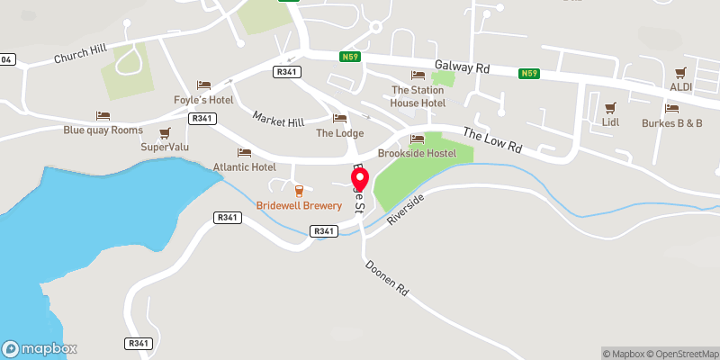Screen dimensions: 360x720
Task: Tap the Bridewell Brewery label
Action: pyautogui.click(x=299, y=206)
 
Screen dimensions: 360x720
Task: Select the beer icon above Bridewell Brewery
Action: pyautogui.click(x=299, y=190)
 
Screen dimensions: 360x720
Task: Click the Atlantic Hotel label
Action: pyautogui.click(x=244, y=166)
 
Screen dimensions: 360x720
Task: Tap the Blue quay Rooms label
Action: pyautogui.click(x=103, y=130)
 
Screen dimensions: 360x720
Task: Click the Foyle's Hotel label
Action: pyautogui.click(x=203, y=100)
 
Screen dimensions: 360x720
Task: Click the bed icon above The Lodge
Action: pyautogui.click(x=339, y=118)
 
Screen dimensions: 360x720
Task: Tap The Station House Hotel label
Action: pyautogui.click(x=418, y=97)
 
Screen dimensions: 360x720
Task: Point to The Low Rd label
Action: pyautogui.click(x=492, y=139)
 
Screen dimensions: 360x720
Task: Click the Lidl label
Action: pyautogui.click(x=611, y=121)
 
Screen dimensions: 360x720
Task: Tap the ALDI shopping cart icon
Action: pyautogui.click(x=680, y=72)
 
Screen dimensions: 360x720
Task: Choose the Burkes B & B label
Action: pyautogui.click(x=671, y=122)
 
